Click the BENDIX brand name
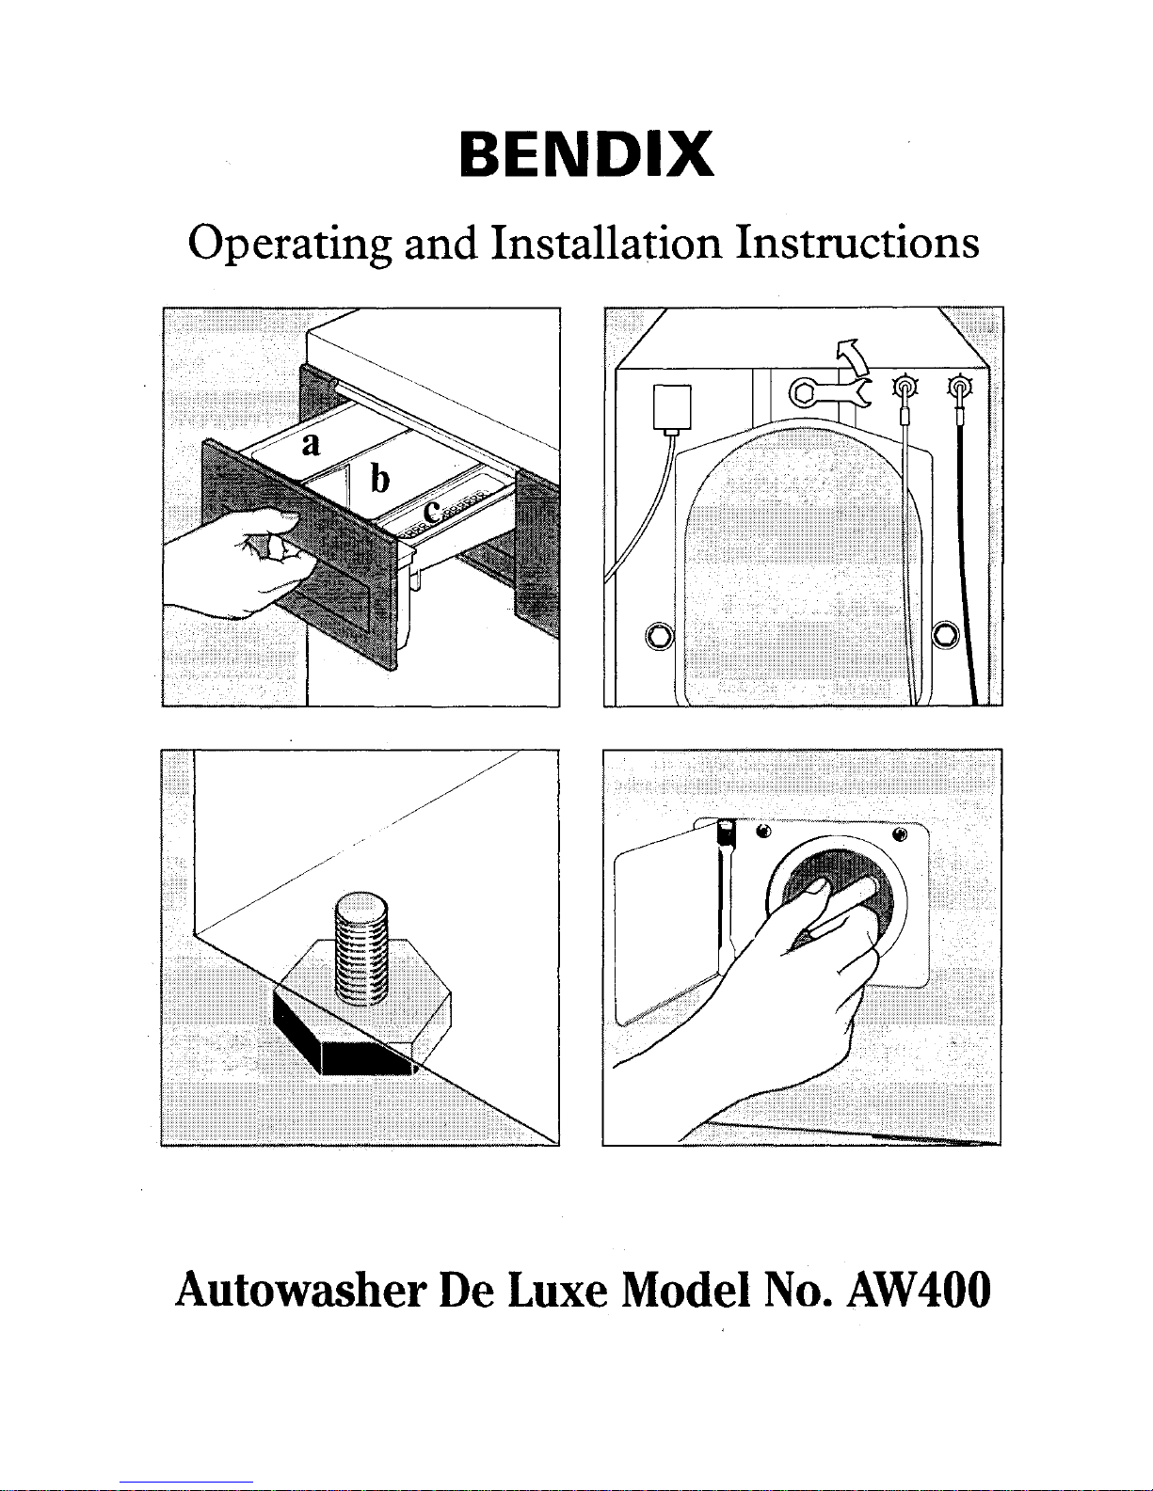coord(585,155)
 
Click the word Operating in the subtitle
coord(289,245)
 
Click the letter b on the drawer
coord(379,479)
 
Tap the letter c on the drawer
coord(431,512)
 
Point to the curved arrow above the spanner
coord(853,357)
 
